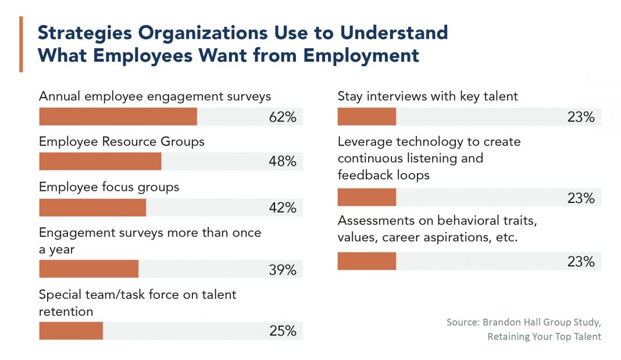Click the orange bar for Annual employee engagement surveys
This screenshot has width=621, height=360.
tap(117, 117)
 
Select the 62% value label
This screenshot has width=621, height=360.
tap(283, 117)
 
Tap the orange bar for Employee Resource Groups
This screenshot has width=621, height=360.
tap(100, 162)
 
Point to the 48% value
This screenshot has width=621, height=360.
tap(283, 162)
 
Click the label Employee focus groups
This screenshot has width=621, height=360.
tap(109, 187)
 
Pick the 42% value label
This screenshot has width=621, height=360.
tap(283, 208)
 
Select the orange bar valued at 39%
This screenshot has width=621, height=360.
tap(88, 269)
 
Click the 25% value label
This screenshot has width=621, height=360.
tap(283, 331)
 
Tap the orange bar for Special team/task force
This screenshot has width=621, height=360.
tap(71, 331)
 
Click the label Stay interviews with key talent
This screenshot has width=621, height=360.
tap(427, 97)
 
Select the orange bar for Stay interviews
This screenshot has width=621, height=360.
tap(366, 117)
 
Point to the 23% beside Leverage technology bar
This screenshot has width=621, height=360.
tap(581, 198)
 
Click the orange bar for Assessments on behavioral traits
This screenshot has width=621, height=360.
tap(366, 261)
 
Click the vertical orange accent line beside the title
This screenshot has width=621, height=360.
tap(21, 44)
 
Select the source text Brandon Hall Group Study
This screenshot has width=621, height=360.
tap(523, 322)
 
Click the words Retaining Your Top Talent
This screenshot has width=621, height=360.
tap(544, 337)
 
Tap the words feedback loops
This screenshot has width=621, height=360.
tap(383, 175)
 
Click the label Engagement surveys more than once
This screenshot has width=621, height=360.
tap(150, 233)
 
